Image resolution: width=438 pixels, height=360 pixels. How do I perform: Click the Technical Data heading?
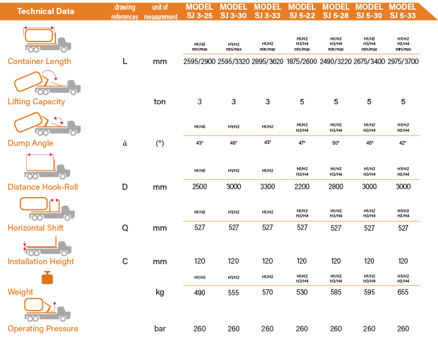click(46, 11)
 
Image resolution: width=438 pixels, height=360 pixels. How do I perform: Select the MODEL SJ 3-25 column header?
click(199, 11)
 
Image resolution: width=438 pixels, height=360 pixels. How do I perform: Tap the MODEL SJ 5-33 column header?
click(403, 11)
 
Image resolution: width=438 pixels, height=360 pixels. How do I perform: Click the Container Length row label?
click(39, 61)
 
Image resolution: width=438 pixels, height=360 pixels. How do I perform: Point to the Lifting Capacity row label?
click(36, 102)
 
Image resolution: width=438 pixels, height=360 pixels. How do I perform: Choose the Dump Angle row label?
click(31, 143)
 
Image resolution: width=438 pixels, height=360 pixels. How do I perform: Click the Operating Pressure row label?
click(43, 329)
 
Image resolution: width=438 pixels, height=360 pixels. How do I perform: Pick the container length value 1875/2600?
click(302, 62)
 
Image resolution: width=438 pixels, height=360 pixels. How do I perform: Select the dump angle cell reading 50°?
click(336, 143)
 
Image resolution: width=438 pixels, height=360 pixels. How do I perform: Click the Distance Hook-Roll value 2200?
click(302, 187)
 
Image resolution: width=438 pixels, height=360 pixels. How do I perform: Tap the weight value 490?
click(199, 292)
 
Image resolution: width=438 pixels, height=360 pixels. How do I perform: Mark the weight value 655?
click(403, 292)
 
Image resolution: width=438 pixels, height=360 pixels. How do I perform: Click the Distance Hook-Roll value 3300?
click(267, 187)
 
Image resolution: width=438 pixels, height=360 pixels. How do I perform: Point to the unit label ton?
click(160, 102)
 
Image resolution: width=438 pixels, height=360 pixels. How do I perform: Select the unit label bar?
click(160, 329)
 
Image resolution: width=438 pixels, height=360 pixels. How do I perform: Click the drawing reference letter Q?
click(125, 228)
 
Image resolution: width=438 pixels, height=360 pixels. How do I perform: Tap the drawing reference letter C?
click(125, 262)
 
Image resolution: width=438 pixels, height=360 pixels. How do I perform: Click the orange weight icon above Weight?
click(46, 278)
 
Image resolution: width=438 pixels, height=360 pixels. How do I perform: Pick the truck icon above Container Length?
click(48, 40)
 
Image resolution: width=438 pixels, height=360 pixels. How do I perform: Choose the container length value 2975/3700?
click(403, 62)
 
